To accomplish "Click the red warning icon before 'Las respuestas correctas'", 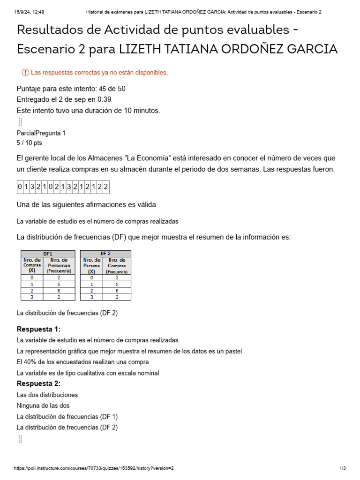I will click(25, 72).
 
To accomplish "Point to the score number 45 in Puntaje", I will click(103, 89).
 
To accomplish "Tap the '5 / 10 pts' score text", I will click(29, 143).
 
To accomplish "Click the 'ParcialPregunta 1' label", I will click(41, 133).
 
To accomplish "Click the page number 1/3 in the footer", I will click(343, 468).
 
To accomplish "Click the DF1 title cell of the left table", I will click(48, 254).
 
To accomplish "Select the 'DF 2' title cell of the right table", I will click(105, 254).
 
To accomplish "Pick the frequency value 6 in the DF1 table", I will click(59, 290).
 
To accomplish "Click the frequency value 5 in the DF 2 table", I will click(117, 284).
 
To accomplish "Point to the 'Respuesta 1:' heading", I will click(38, 329).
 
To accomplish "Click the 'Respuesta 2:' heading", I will click(38, 383).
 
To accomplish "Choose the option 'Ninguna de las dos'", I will click(43, 405).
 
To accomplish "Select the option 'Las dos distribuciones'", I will click(47, 395).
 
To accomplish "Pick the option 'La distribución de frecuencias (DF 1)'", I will click(67, 416).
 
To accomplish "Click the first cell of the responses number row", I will click(20, 187).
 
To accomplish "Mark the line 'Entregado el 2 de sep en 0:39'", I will click(64, 99).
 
